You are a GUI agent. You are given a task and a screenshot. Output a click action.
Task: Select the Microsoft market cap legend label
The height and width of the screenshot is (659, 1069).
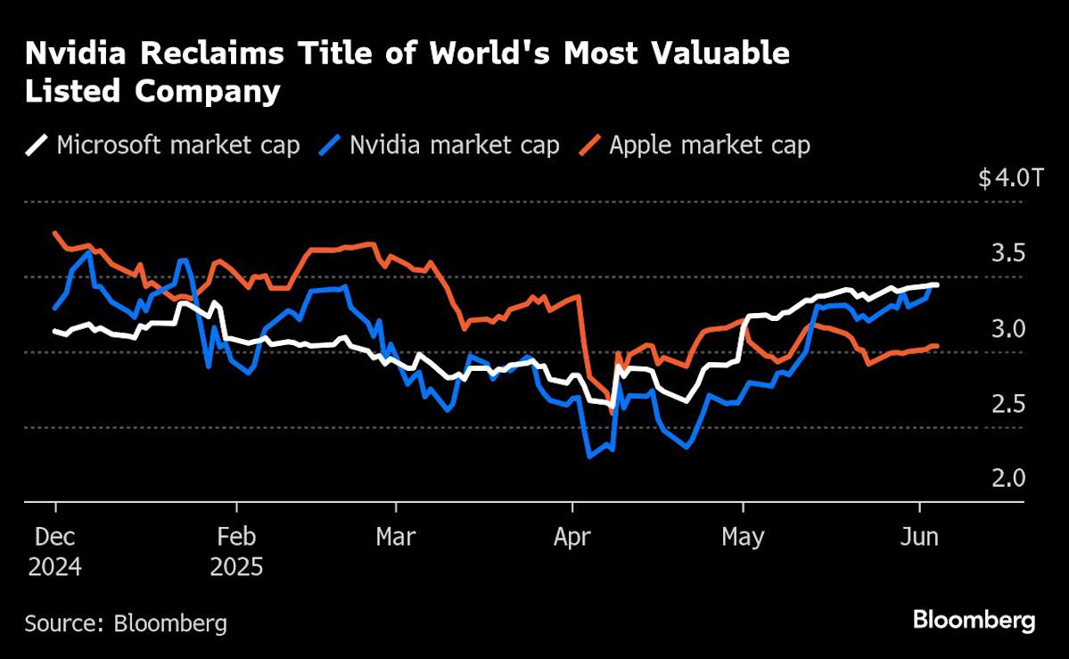[177, 145]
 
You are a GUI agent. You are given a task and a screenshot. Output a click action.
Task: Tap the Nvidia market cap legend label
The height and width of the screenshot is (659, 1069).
[454, 145]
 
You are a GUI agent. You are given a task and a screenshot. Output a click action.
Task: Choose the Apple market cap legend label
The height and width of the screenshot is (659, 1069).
[710, 145]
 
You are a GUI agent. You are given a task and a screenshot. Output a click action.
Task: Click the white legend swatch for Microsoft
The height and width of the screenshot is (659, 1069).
[37, 145]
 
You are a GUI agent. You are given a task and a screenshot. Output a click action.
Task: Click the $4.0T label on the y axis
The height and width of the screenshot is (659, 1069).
[1009, 178]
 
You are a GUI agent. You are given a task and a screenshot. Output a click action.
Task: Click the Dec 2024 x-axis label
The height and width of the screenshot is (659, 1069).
[54, 552]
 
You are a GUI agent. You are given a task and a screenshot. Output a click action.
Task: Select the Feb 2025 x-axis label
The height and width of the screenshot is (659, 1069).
[236, 552]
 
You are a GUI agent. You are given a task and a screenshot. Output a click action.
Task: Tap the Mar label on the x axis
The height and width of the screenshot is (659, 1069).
[395, 538]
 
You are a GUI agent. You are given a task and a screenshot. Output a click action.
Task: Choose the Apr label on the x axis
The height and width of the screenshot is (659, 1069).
[572, 538]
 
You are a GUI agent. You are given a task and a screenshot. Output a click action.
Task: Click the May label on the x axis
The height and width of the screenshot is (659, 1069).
[743, 538]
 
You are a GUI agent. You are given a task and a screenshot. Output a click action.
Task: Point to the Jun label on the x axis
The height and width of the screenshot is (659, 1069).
[919, 538]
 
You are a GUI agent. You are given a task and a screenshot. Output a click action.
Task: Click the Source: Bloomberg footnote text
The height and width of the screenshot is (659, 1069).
[126, 622]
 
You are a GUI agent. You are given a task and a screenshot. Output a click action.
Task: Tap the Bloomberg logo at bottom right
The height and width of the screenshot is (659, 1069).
[974, 621]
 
